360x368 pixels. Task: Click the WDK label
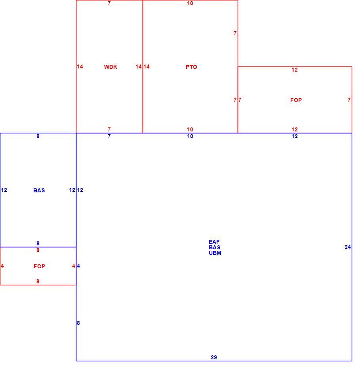(110, 67)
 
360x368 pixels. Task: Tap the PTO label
(191, 67)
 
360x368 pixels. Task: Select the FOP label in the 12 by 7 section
(296, 100)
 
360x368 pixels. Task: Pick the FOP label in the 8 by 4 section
(39, 266)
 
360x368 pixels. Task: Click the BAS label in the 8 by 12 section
(39, 190)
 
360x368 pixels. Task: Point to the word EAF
(214, 242)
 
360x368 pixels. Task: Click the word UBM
(215, 253)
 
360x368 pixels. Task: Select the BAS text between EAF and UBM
(214, 247)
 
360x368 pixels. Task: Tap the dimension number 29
(214, 357)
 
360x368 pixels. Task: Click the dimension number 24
(348, 247)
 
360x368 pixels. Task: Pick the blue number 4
(78, 266)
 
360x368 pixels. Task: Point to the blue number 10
(190, 137)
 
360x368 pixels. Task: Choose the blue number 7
(109, 137)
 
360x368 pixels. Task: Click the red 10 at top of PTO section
(190, 3)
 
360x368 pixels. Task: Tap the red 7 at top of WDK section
(109, 3)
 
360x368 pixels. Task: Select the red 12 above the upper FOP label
(295, 70)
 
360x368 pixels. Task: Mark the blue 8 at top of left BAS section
(38, 137)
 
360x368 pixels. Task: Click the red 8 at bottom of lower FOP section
(38, 281)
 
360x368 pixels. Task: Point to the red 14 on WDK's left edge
(80, 66)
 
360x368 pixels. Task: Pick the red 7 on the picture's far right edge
(349, 100)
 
